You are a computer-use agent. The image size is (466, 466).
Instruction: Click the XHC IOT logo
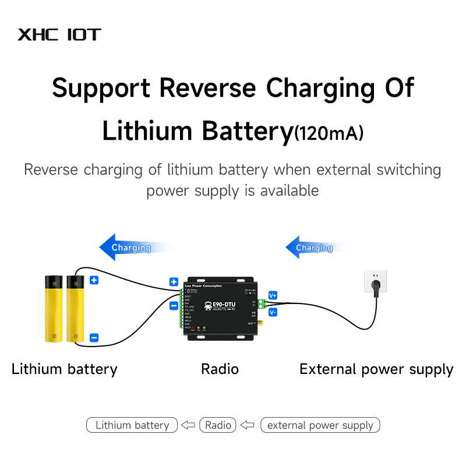point(59,34)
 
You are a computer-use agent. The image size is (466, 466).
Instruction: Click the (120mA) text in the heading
point(329,133)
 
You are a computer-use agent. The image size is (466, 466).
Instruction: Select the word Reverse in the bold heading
point(207,88)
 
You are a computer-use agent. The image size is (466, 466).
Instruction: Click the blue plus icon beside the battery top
point(94,280)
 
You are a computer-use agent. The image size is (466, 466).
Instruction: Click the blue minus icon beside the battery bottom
point(94,337)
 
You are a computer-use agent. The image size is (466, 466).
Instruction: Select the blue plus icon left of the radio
point(174,281)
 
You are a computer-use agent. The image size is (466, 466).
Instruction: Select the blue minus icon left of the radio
point(174,305)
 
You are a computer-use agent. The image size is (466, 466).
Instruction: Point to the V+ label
point(273,295)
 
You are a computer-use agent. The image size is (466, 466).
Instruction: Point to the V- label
point(273,313)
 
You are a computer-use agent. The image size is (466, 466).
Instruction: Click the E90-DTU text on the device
point(220,306)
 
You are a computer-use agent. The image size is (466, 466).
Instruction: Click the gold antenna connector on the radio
point(260,322)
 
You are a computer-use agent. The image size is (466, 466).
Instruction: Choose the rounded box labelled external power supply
point(320,425)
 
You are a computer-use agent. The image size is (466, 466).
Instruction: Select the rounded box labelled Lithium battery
point(132,425)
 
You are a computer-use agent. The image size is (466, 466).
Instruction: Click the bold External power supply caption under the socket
point(376,369)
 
